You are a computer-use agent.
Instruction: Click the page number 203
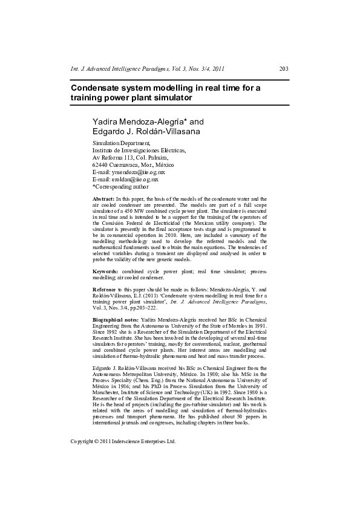pyautogui.click(x=283, y=69)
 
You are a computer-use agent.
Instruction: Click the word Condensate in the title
pyautogui.click(x=96, y=88)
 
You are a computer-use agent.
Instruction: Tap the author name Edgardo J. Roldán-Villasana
pyautogui.click(x=142, y=132)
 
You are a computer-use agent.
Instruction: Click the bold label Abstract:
pyautogui.click(x=103, y=199)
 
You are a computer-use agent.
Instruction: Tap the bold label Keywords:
pyautogui.click(x=105, y=273)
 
